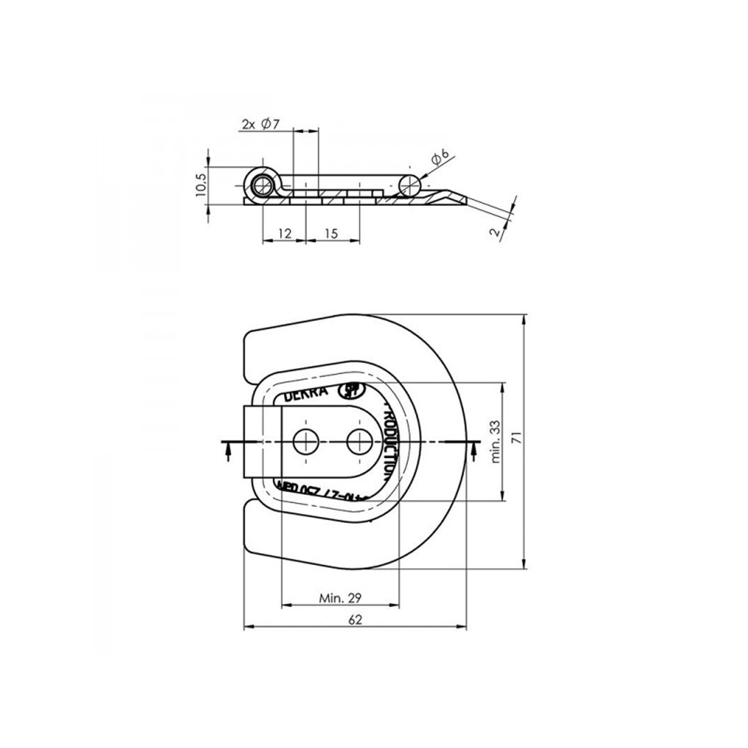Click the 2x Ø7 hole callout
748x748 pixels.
(261, 125)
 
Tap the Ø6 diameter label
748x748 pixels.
(440, 158)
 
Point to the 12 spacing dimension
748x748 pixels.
(285, 233)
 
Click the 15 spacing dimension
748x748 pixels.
(331, 233)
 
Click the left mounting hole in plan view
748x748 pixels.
(306, 442)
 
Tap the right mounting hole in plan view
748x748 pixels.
(359, 442)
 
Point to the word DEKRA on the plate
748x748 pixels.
(306, 395)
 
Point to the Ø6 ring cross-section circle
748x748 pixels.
(410, 186)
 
